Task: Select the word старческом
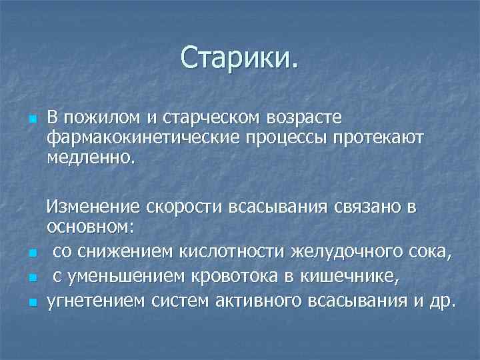tap(214, 118)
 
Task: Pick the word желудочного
tap(340, 252)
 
